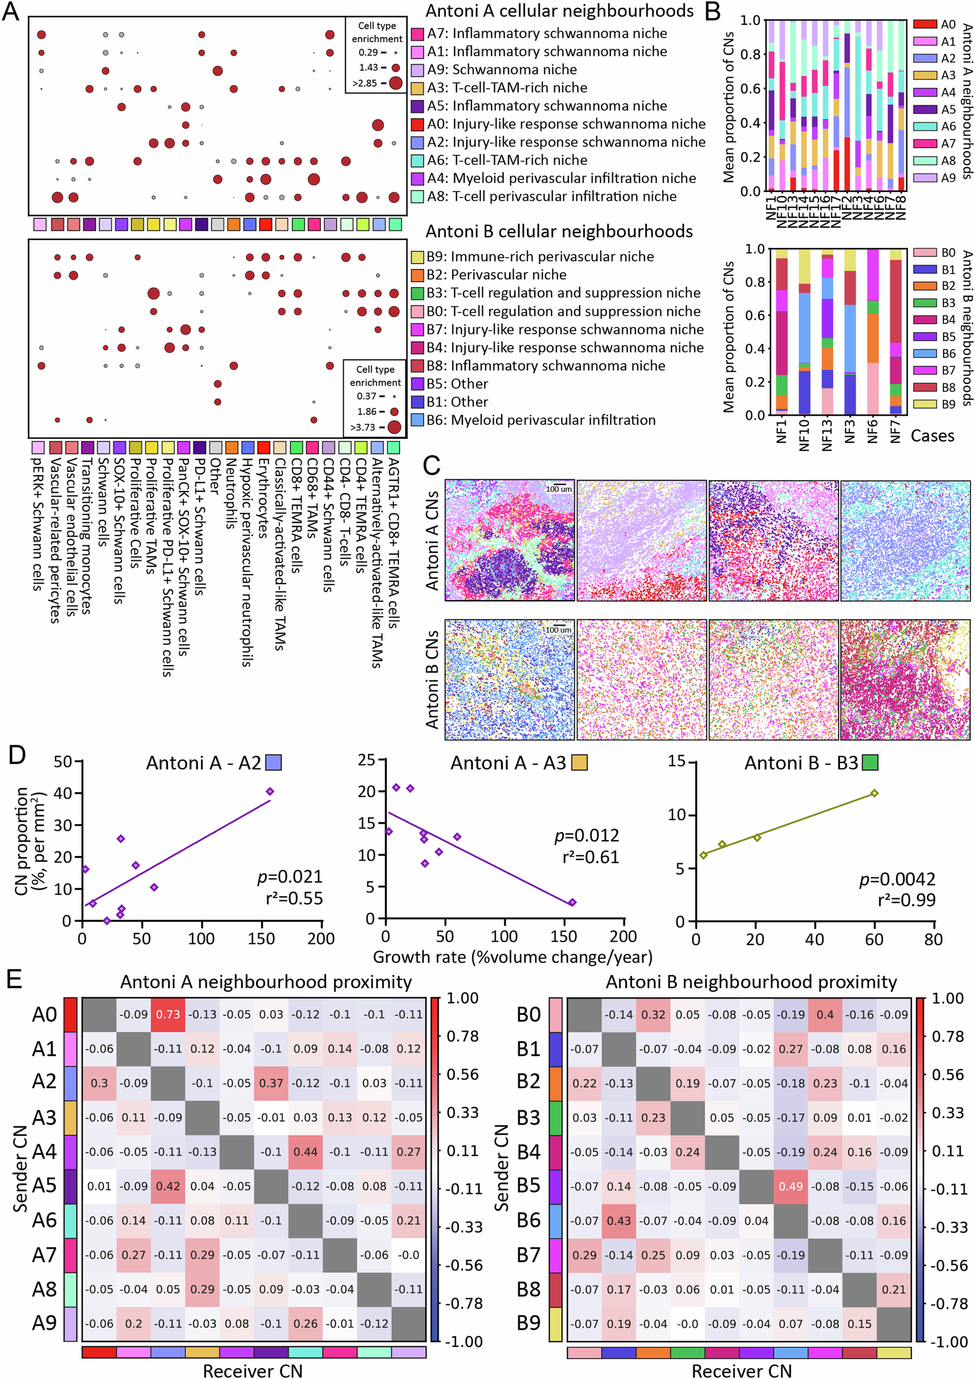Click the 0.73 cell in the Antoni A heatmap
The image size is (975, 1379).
coord(168,1014)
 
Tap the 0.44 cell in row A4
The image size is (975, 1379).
coord(305,1152)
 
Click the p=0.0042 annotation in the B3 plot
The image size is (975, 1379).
coord(897,879)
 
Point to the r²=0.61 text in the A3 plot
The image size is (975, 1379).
coord(590,857)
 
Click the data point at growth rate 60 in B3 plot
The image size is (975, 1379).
coord(874,793)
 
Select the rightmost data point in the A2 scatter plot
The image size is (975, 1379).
coord(270,792)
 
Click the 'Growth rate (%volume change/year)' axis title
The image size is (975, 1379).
coord(513,957)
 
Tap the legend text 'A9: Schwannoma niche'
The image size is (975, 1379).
coord(502,70)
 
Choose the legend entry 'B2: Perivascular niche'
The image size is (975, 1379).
coord(496,275)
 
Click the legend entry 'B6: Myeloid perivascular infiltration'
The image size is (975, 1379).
coord(541,420)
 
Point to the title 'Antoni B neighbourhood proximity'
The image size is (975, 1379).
coord(751,982)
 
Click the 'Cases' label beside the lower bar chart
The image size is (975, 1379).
coord(932,436)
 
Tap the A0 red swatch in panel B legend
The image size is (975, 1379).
coord(925,24)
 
